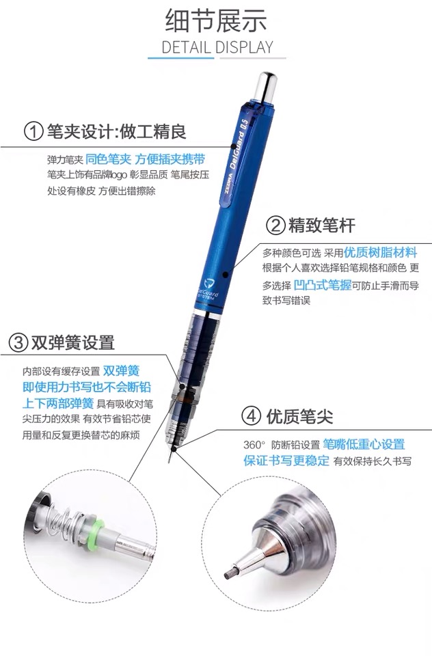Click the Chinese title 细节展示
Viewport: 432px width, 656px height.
coord(216,21)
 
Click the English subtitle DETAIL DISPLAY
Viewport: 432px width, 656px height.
coord(217,47)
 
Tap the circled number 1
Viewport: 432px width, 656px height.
coord(33,131)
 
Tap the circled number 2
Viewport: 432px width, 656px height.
coord(275,225)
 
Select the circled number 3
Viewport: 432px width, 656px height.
coord(18,342)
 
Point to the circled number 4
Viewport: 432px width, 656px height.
coord(251,416)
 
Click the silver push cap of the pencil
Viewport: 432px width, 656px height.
coord(266,87)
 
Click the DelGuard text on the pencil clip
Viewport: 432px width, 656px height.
coord(237,150)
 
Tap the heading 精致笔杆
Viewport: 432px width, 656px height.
coord(321,225)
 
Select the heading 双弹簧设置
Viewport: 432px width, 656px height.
coord(73,342)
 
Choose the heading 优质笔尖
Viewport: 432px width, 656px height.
coord(299,416)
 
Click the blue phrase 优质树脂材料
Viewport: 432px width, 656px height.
coord(380,252)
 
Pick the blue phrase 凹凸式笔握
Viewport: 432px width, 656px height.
coord(323,285)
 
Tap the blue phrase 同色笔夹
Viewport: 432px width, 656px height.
coord(109,159)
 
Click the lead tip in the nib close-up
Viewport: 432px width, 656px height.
coord(228,574)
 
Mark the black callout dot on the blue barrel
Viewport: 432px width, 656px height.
coord(225,275)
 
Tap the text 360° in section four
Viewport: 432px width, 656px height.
coord(254,445)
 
